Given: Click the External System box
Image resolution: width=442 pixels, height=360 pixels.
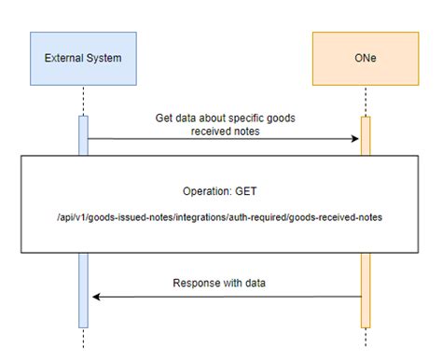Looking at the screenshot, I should (83, 58).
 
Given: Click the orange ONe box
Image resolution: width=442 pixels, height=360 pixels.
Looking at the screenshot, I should (366, 58).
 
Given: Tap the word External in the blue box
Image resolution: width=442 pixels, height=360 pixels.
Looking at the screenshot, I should (62, 58).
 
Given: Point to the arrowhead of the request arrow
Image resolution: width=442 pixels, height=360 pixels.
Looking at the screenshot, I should (355, 139).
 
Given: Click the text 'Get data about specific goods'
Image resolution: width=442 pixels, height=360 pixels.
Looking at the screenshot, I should (223, 118).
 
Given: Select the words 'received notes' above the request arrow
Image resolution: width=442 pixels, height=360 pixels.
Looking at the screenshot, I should (223, 132).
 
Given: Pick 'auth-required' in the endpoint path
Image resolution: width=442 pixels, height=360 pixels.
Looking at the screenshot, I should (254, 216).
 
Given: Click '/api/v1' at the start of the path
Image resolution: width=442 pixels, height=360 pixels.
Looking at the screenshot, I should (71, 216).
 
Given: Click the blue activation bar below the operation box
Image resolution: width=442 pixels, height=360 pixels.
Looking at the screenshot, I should (83, 289).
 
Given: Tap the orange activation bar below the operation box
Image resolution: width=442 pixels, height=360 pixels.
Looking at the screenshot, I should (366, 289).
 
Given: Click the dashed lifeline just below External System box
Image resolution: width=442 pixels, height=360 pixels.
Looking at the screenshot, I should (83, 101).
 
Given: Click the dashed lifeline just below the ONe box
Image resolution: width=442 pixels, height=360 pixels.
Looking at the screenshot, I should (366, 101).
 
